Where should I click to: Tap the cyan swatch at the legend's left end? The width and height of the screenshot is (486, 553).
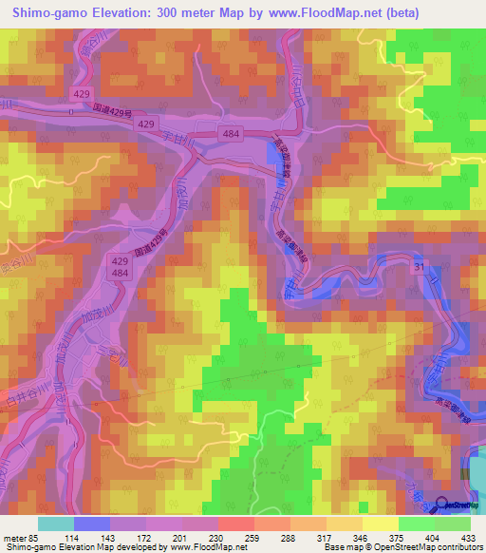pyautogui.click(x=56, y=524)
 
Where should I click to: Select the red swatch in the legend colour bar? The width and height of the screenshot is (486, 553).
pyautogui.click(x=236, y=524)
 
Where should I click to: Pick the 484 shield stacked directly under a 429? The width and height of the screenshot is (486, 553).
pyautogui.click(x=145, y=274)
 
